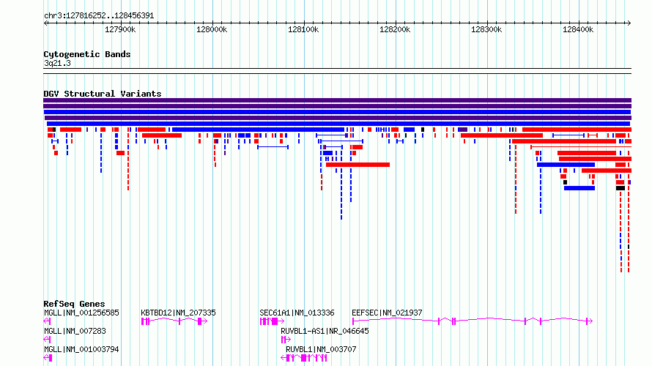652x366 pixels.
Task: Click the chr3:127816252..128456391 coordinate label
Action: (x=99, y=16)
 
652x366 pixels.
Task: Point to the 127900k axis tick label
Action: (x=120, y=29)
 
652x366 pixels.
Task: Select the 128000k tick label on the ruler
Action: (x=212, y=29)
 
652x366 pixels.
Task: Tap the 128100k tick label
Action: (x=303, y=29)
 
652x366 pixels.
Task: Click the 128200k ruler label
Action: (x=395, y=29)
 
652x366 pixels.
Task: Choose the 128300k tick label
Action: (x=486, y=29)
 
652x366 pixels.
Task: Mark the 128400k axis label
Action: (x=578, y=29)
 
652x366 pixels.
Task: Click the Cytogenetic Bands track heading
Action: (x=87, y=54)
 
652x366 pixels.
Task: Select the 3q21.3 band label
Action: (x=57, y=64)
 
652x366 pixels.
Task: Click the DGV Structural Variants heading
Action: (x=103, y=94)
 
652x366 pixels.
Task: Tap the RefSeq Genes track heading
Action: (x=74, y=304)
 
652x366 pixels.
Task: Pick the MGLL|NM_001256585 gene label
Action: (x=81, y=313)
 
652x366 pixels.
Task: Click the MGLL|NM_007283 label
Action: (x=75, y=331)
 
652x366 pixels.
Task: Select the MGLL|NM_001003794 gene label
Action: (x=81, y=349)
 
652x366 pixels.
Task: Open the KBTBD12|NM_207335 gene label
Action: (x=179, y=313)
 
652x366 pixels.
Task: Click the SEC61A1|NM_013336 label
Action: (x=297, y=313)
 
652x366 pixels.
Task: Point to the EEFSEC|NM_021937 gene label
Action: (x=387, y=313)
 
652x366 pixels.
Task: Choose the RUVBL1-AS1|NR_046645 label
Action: (x=325, y=331)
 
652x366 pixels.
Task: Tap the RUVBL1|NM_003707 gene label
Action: (x=321, y=349)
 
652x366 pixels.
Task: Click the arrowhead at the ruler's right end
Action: (x=629, y=23)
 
